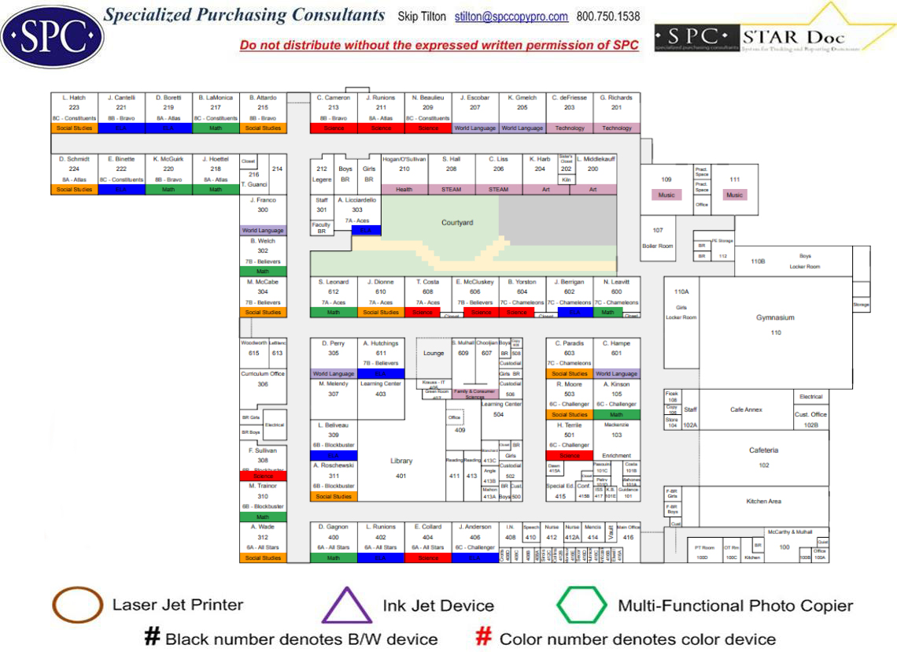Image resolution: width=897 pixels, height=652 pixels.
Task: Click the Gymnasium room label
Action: coord(775,318)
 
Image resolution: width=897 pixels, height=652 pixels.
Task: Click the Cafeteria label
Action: coord(763,450)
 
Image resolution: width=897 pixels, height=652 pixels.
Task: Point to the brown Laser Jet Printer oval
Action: coord(77,605)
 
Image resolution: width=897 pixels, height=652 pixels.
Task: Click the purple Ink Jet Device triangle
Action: coord(347,606)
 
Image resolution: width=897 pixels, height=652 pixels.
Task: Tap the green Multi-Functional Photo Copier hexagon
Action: coord(581,606)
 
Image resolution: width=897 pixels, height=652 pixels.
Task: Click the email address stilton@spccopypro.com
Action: coord(511,17)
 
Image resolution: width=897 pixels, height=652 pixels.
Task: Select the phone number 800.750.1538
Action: coord(608,17)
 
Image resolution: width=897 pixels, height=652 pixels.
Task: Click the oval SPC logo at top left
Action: coord(53,35)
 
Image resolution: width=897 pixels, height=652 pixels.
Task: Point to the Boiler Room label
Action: coord(658,246)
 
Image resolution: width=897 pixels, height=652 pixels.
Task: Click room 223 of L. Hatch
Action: coord(74,107)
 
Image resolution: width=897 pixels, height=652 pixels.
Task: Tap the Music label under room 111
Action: coord(734,194)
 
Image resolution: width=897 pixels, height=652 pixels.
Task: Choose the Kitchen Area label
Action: coord(762,501)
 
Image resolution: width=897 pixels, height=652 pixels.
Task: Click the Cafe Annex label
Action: coord(747,409)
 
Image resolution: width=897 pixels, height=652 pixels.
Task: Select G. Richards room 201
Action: coord(616,107)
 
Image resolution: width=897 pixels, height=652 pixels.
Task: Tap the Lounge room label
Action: coord(434,354)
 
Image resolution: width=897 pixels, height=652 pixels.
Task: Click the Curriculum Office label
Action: coord(262,374)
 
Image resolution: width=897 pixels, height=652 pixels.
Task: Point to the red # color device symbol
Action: coord(485,636)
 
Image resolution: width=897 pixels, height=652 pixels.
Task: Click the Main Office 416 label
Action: coord(628,533)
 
